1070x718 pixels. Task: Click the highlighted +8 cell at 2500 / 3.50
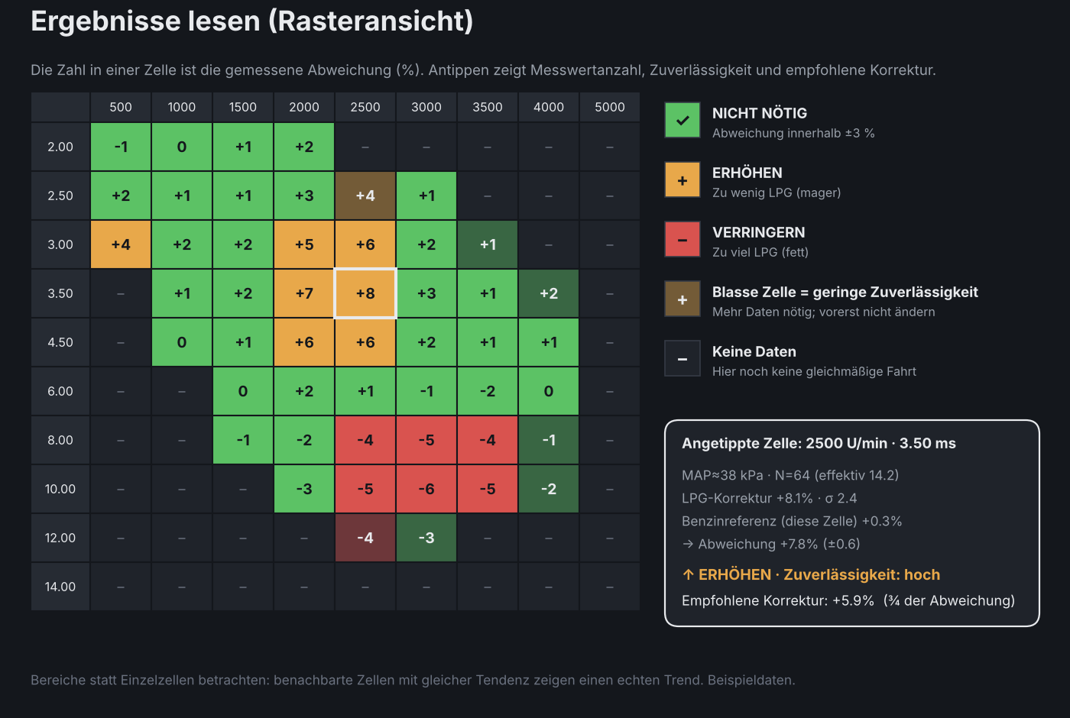[365, 293]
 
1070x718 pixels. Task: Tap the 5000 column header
[610, 107]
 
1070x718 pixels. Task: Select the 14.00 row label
[60, 587]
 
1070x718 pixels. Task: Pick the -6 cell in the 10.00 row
[426, 489]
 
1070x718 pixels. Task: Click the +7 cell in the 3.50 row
[304, 293]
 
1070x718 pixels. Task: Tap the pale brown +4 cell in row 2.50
[365, 196]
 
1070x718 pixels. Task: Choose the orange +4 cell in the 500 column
[121, 244]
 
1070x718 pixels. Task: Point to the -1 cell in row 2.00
[121, 147]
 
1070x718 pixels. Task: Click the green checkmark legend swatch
[682, 120]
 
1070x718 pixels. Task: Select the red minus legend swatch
[682, 239]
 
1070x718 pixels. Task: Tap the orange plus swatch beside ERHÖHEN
[682, 179]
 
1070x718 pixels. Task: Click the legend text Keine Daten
[754, 352]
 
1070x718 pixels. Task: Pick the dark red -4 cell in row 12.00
[365, 538]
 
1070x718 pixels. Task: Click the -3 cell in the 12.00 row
[426, 538]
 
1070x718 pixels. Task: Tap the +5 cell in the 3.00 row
[304, 244]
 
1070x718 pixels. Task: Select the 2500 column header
[365, 107]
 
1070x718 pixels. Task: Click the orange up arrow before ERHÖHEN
[689, 574]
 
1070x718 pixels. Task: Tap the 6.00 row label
[60, 391]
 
